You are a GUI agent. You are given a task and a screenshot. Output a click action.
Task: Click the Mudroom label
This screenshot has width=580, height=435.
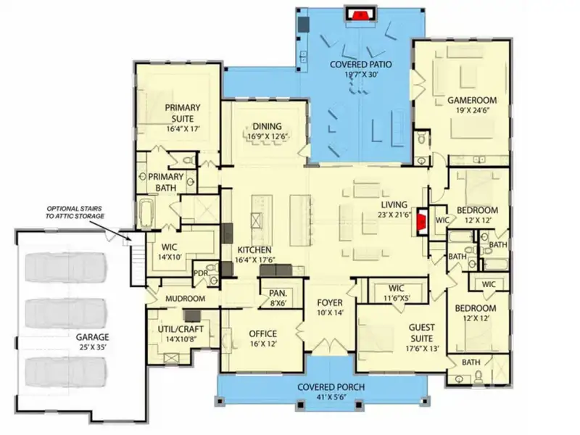(x=185, y=298)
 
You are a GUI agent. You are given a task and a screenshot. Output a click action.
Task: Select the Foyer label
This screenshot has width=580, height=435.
(x=329, y=302)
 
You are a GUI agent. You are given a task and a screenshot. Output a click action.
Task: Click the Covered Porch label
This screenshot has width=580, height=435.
(x=331, y=387)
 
